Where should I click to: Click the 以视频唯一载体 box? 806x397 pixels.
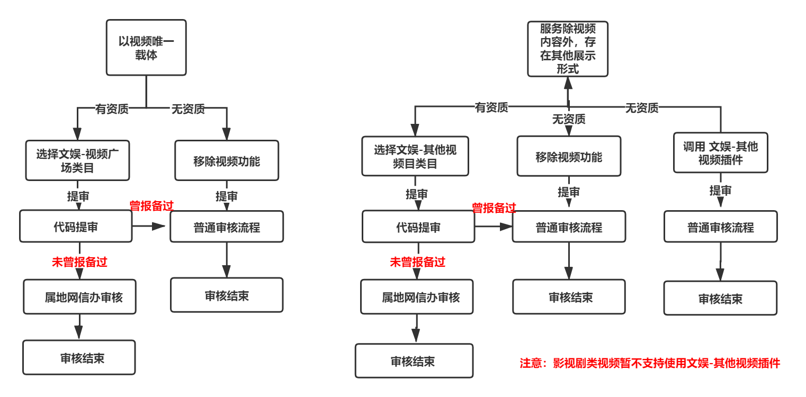pyautogui.click(x=146, y=48)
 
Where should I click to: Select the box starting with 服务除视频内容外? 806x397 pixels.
pyautogui.click(x=568, y=49)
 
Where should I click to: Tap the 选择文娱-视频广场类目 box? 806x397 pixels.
pyautogui.click(x=78, y=160)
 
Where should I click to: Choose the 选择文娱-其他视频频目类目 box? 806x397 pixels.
pyautogui.click(x=415, y=157)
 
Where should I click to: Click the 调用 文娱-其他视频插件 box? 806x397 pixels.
pyautogui.click(x=720, y=153)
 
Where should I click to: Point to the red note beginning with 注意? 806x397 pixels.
pyautogui.click(x=650, y=363)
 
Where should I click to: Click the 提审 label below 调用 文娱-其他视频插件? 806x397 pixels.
pyautogui.click(x=720, y=191)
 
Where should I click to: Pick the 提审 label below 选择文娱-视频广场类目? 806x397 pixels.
pyautogui.click(x=78, y=196)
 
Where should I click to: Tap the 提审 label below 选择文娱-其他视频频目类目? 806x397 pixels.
pyautogui.click(x=417, y=194)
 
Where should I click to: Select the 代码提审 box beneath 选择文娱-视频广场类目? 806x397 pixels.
pyautogui.click(x=76, y=227)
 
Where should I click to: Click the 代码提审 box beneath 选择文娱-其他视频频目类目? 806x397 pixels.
pyautogui.click(x=418, y=227)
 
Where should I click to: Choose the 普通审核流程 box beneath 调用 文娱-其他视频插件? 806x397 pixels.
pyautogui.click(x=720, y=227)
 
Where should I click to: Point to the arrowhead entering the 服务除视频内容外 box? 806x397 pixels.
pyautogui.click(x=568, y=82)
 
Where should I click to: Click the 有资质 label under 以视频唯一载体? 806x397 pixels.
pyautogui.click(x=112, y=109)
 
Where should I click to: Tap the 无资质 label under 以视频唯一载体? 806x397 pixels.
pyautogui.click(x=188, y=109)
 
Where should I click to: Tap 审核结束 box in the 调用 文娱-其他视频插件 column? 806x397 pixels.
pyautogui.click(x=720, y=299)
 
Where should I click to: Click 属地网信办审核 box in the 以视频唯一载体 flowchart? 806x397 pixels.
pyautogui.click(x=79, y=297)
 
